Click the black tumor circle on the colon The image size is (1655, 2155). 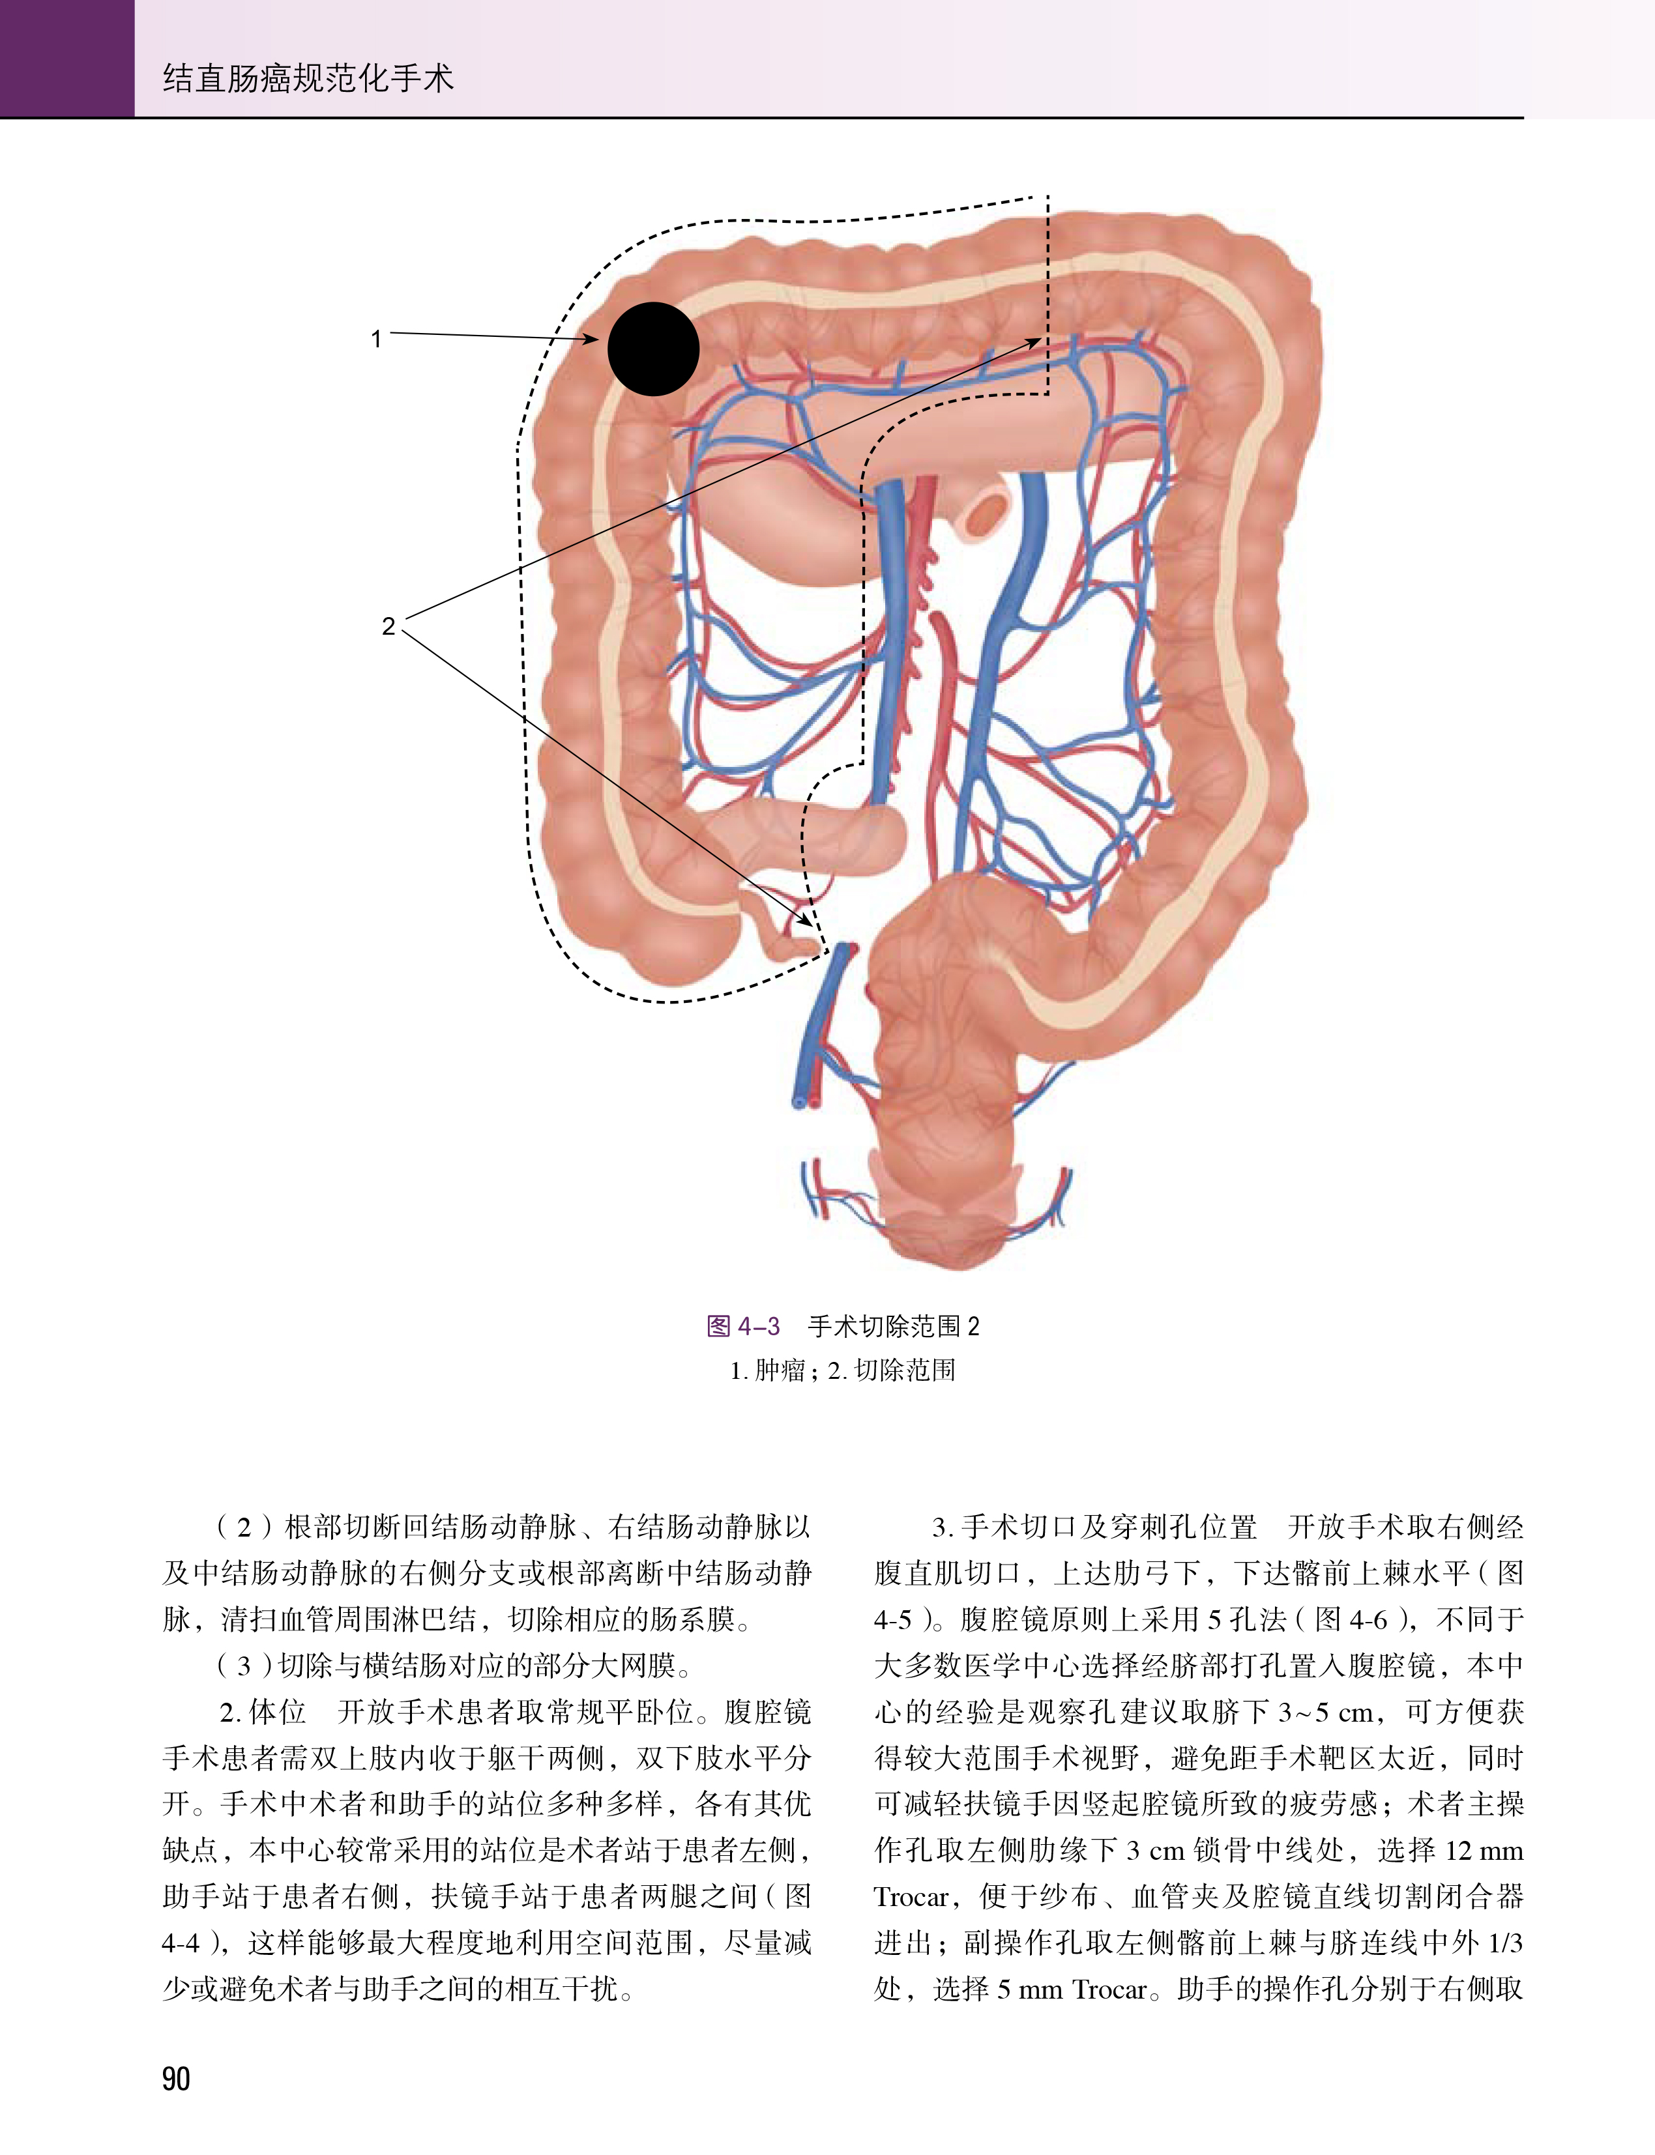[x=653, y=349]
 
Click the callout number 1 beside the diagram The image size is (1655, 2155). [x=375, y=339]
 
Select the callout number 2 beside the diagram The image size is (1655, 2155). [x=388, y=626]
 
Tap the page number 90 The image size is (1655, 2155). [x=175, y=2078]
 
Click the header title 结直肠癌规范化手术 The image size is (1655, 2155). [x=308, y=78]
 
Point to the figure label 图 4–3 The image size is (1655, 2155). [x=743, y=1325]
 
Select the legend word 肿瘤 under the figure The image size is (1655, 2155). [x=779, y=1370]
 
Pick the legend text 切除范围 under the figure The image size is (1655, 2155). [x=904, y=1370]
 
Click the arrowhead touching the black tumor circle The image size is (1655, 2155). [x=591, y=340]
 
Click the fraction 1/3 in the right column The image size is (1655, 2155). [x=1504, y=1943]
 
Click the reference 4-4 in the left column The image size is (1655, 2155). [x=181, y=1943]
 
